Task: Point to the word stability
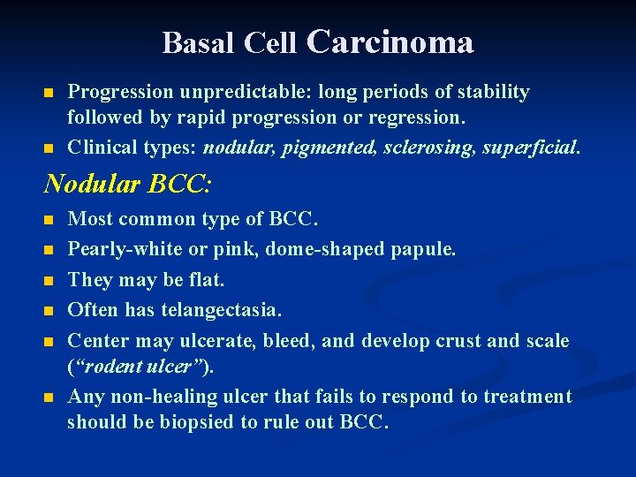click(x=493, y=92)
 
